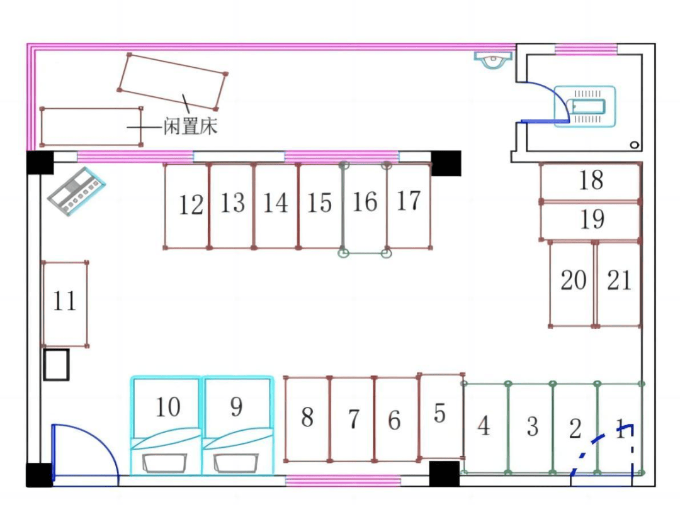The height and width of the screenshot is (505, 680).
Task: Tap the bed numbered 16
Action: pos(365,208)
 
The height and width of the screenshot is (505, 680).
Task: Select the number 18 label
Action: pos(591,180)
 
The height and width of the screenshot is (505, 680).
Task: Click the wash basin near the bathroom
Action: pos(493,60)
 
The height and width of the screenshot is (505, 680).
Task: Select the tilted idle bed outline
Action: pos(172,81)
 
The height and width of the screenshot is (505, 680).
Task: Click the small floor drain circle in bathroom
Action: pos(634,145)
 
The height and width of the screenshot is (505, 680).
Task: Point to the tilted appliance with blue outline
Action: pos(76,191)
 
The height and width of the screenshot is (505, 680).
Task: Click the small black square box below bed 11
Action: pos(56,365)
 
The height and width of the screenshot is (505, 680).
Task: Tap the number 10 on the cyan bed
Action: pos(167,407)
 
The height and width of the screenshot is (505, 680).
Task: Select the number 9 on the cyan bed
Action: pos(236,407)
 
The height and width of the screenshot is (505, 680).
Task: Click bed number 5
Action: pos(441,415)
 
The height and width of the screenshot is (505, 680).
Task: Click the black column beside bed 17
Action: pos(446,163)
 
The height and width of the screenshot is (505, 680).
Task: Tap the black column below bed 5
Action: pos(444,474)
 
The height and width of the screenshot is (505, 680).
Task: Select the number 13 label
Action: pos(232,203)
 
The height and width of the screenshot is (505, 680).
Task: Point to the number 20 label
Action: pos(573,280)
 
